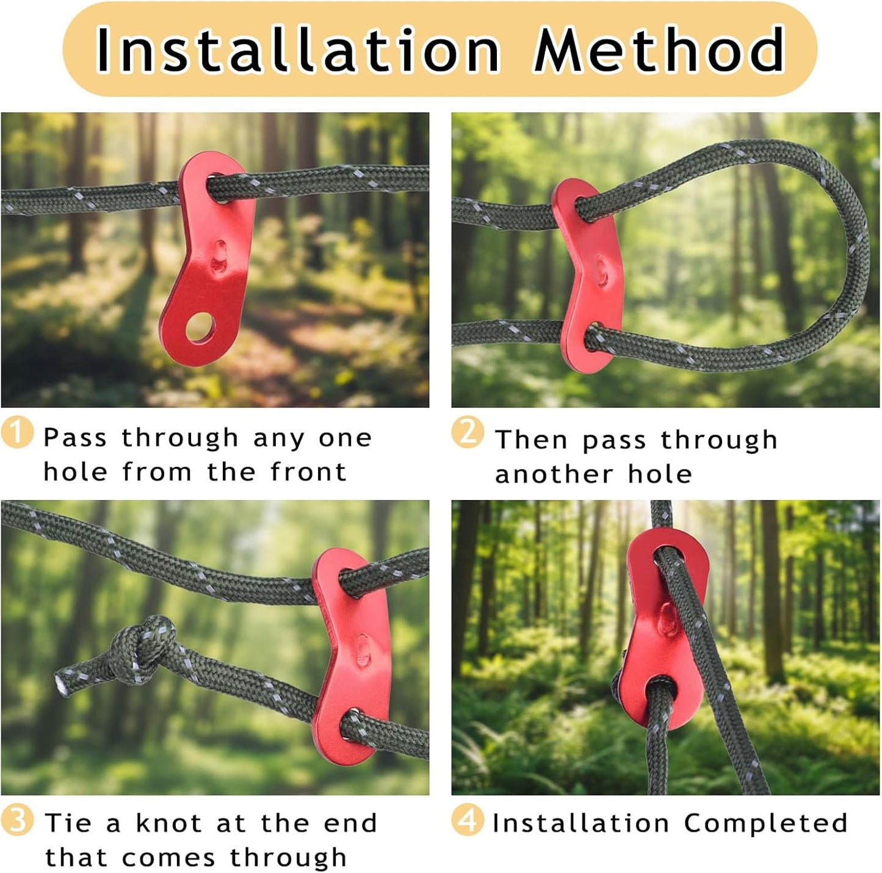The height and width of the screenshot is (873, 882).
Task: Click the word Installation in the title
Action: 297,49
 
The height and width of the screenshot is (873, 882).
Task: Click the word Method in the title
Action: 660,49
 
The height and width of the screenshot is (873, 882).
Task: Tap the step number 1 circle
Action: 17,432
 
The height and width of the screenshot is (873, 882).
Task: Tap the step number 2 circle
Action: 468,432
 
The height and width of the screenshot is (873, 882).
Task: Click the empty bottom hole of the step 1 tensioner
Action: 200,327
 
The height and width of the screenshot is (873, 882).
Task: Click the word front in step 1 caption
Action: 308,473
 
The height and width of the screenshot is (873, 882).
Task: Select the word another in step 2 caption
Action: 554,474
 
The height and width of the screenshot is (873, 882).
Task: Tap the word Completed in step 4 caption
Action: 765,823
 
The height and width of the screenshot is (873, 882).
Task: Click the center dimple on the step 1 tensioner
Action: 220,257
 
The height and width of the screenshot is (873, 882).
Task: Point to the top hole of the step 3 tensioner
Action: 347,581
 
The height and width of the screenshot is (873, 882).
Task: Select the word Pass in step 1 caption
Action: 75,438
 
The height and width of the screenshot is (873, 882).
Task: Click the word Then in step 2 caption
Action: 532,440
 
